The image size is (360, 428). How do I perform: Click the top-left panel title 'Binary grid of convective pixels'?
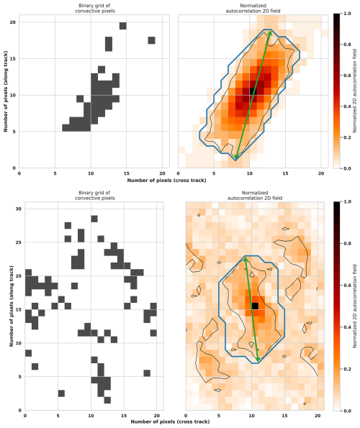click(91, 9)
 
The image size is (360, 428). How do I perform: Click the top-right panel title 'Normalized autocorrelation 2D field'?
click(249, 9)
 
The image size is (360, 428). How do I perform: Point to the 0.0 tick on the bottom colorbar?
click(349, 410)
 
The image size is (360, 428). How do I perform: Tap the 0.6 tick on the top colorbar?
click(349, 76)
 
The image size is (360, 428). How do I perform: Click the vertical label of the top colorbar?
click(356, 91)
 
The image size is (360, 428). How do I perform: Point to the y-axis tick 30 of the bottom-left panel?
click(17, 209)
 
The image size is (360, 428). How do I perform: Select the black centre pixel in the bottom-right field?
click(255, 306)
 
